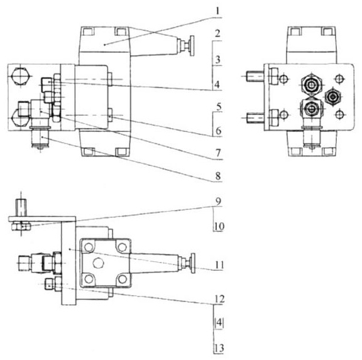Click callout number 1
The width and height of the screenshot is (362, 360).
click(x=217, y=11)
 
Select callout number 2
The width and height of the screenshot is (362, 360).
click(x=217, y=33)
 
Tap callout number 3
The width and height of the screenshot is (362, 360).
click(x=217, y=60)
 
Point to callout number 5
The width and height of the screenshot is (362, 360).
click(x=219, y=106)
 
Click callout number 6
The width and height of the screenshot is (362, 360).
click(x=219, y=131)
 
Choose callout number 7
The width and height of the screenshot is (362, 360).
click(x=218, y=153)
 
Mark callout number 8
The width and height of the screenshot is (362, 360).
click(x=218, y=176)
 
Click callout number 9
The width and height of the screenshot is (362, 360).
click(x=218, y=201)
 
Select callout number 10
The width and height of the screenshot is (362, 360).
click(x=219, y=226)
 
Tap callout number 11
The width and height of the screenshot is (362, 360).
click(x=219, y=265)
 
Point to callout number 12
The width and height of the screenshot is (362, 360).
click(x=219, y=299)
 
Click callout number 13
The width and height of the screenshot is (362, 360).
click(x=219, y=348)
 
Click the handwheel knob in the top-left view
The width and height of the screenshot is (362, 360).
click(x=192, y=46)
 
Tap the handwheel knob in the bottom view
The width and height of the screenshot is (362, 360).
click(x=192, y=263)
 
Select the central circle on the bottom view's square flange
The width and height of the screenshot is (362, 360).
click(x=98, y=263)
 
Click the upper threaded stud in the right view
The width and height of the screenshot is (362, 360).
click(x=255, y=77)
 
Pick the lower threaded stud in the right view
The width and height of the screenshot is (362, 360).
click(x=255, y=117)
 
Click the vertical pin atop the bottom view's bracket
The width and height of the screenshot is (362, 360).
click(x=21, y=207)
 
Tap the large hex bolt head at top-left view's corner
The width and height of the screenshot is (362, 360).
click(x=20, y=75)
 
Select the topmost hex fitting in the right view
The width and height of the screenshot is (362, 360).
click(x=311, y=85)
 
